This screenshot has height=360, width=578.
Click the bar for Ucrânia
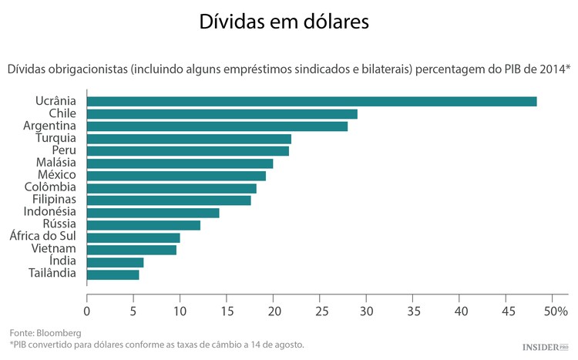point(311,101)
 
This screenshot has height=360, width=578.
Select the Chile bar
point(222,113)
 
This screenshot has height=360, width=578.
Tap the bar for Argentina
point(217,126)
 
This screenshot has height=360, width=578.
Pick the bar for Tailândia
point(113,274)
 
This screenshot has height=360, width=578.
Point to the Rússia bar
point(143,224)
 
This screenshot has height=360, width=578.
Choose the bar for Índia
point(116,261)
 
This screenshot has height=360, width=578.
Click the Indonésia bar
point(153,212)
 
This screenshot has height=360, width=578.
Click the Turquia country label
point(53,138)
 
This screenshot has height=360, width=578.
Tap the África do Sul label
point(42,237)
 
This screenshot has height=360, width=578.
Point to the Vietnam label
point(53,249)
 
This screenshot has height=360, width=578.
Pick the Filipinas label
point(49,200)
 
